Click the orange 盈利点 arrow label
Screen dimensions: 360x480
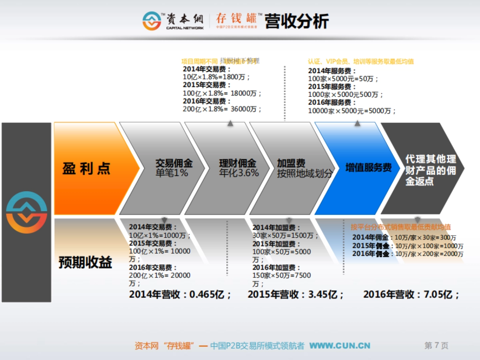[86, 169]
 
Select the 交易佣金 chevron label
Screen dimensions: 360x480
[174, 164]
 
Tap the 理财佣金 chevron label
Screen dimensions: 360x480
[238, 164]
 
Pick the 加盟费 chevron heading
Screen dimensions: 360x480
[291, 163]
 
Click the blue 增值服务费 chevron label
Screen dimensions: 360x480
[368, 168]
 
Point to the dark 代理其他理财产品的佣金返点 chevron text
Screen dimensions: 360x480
[430, 170]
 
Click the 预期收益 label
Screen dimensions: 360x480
[85, 262]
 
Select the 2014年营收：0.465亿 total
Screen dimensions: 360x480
[180, 295]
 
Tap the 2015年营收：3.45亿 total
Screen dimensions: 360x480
[296, 295]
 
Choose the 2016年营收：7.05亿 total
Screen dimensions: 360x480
[411, 295]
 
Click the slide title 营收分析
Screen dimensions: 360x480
[297, 22]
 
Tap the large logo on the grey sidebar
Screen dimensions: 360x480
[26, 212]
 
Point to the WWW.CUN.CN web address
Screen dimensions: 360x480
[340, 346]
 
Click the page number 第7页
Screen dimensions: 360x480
[436, 346]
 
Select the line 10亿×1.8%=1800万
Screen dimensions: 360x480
[216, 77]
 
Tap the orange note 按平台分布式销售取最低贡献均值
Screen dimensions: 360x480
[401, 227]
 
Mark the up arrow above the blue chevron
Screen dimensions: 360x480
[357, 124]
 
